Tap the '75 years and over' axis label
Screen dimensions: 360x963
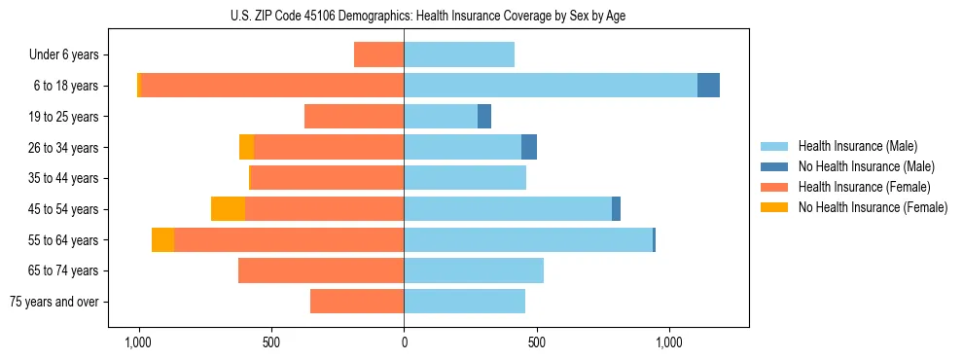tap(54, 302)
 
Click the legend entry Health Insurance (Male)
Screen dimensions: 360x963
tap(857, 146)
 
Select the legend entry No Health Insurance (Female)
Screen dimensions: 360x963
tap(873, 207)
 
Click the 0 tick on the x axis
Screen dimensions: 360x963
tap(404, 343)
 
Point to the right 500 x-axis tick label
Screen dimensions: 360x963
tap(536, 343)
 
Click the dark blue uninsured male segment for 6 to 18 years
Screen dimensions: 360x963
tap(708, 86)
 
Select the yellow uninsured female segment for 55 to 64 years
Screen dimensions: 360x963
tap(162, 239)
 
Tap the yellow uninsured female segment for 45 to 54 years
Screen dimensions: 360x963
tap(228, 209)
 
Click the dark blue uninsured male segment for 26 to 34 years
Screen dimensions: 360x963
tap(529, 147)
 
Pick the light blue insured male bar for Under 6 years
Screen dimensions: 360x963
tap(459, 54)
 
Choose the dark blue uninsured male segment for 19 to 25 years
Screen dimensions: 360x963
tap(484, 117)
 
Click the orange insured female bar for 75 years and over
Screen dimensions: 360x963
tap(357, 302)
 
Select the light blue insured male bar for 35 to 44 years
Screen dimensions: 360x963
tap(465, 178)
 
